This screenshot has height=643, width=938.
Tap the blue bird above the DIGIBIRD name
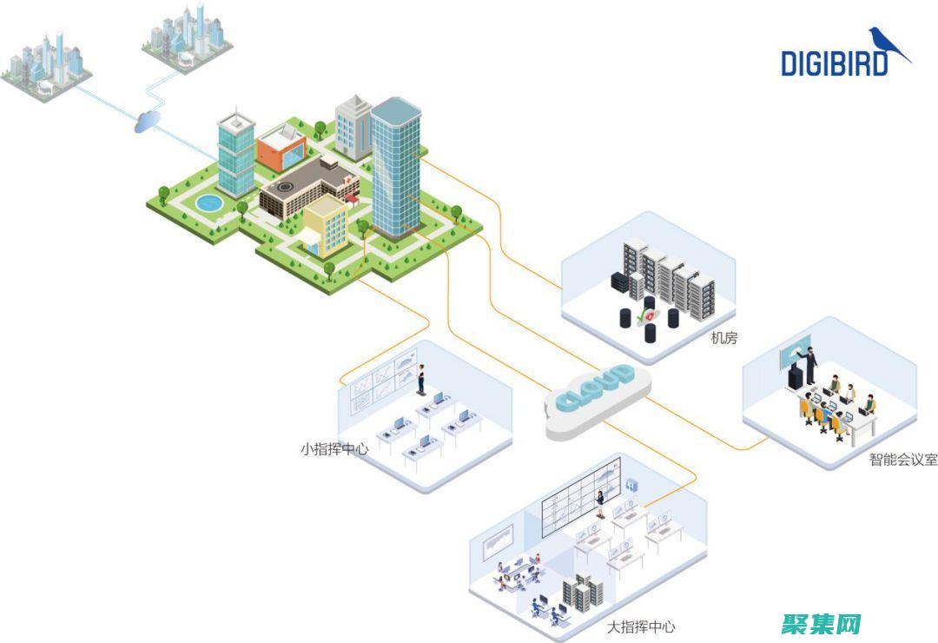point(887,43)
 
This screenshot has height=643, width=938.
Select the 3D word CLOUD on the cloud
point(596,388)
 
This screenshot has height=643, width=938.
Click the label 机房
point(723,338)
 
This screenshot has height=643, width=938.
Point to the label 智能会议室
point(903,460)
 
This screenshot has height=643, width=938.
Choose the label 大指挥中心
point(641,626)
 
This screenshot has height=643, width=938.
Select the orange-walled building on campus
point(280,148)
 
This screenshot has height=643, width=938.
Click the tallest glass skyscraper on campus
point(395,165)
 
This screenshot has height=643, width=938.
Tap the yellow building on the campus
point(324,224)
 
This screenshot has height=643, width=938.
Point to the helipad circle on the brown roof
point(284,186)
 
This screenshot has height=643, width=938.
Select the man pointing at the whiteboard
point(810,362)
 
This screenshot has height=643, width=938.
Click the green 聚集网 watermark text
point(821,623)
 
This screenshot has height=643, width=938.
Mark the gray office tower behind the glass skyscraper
point(353,128)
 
